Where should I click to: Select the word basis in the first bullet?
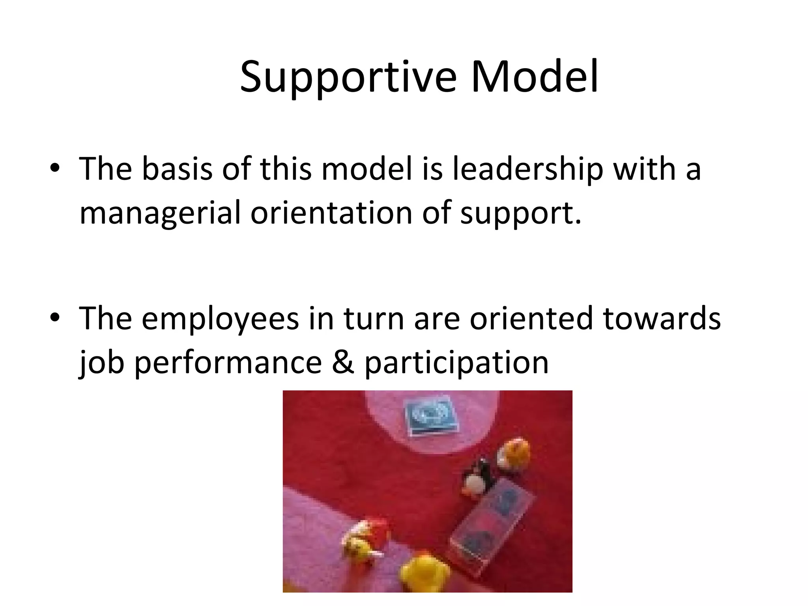(177, 169)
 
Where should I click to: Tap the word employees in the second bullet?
(220, 319)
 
